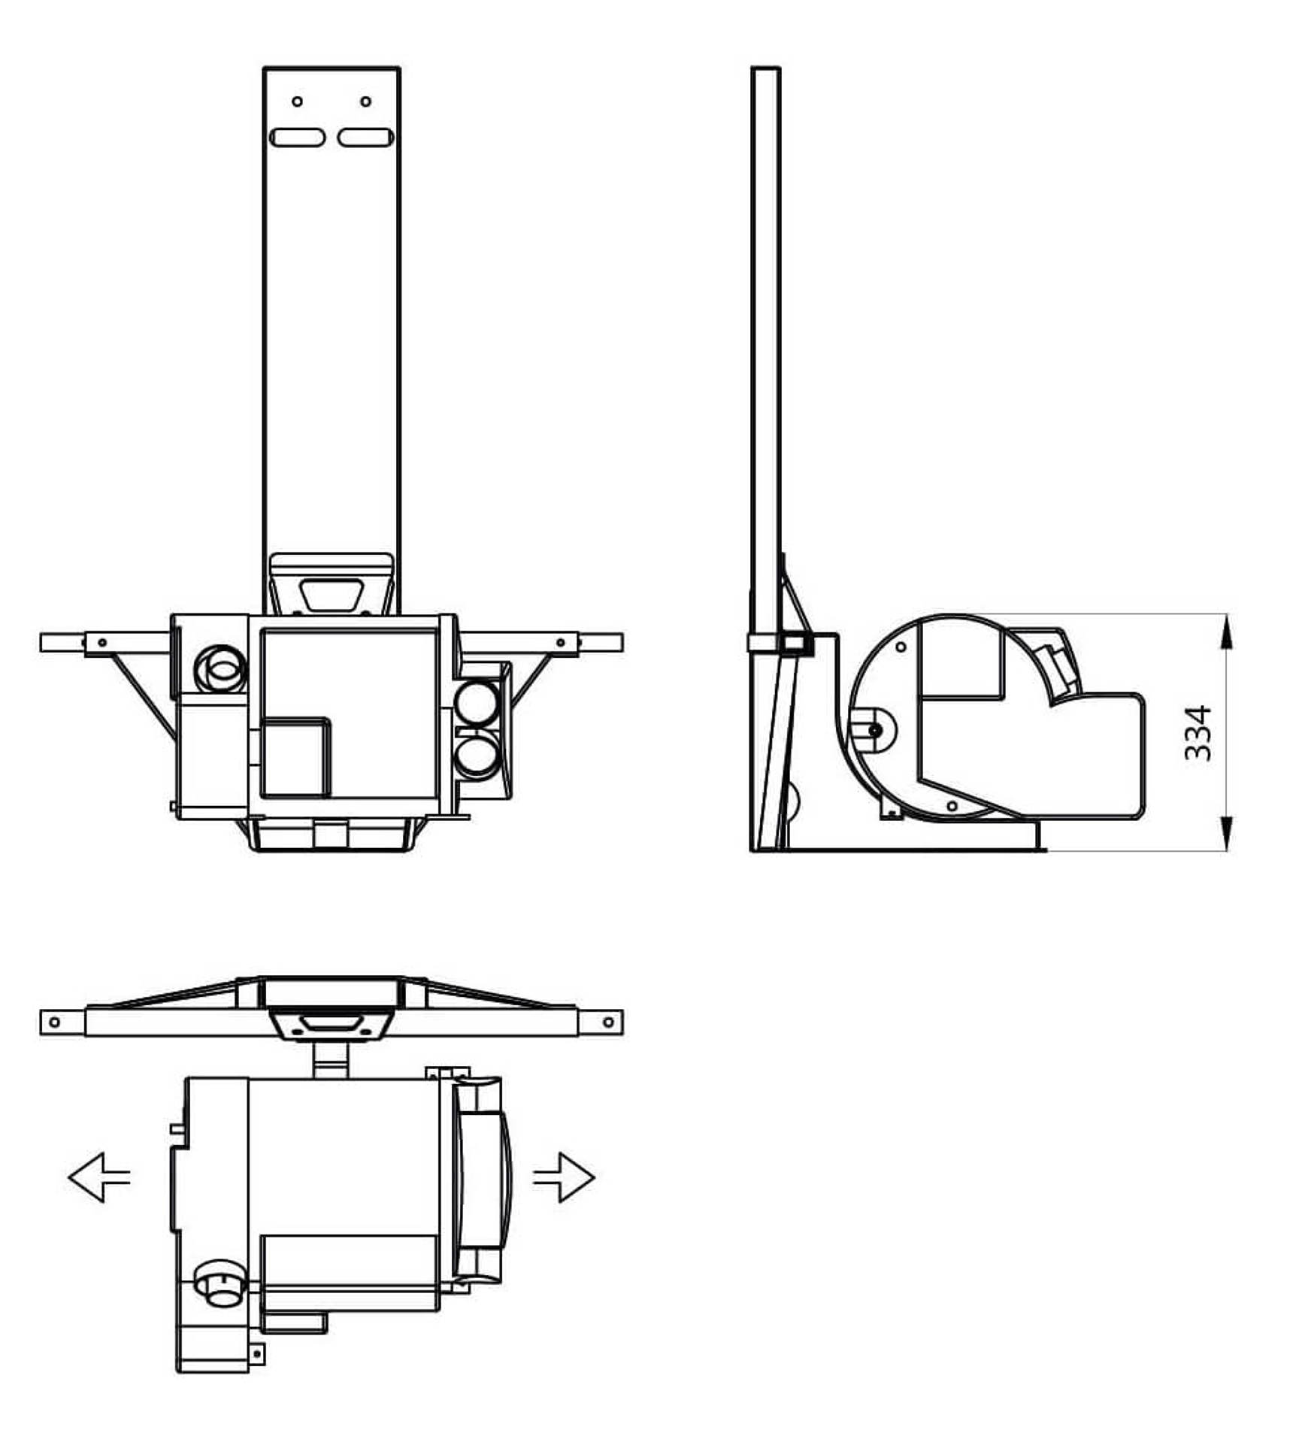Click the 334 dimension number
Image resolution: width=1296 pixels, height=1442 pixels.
point(1198,733)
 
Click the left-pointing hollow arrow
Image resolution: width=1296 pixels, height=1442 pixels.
point(98,1177)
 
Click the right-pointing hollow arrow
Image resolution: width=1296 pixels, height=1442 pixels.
point(564,1177)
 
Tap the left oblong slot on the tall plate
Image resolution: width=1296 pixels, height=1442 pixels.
point(297,138)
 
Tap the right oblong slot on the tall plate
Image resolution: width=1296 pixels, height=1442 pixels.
point(365,138)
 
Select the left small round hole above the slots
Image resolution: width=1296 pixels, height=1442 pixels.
point(297,101)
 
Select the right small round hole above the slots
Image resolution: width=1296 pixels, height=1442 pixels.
point(365,101)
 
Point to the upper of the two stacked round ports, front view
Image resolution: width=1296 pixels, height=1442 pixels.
point(476,703)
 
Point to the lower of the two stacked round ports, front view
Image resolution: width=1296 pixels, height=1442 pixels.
point(476,757)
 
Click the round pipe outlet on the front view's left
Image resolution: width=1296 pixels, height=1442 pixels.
point(220,668)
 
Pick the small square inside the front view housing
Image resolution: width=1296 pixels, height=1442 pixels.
point(295,757)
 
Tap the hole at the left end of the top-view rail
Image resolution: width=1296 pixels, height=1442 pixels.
point(54,1022)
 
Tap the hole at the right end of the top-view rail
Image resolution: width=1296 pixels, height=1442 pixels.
point(608,1022)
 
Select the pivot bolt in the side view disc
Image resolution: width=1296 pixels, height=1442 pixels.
point(874,730)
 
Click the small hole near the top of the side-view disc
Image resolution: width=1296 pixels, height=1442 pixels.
point(901,647)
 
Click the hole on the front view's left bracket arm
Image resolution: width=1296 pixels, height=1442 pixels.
point(102,643)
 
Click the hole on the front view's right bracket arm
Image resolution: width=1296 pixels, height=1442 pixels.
point(560,643)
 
